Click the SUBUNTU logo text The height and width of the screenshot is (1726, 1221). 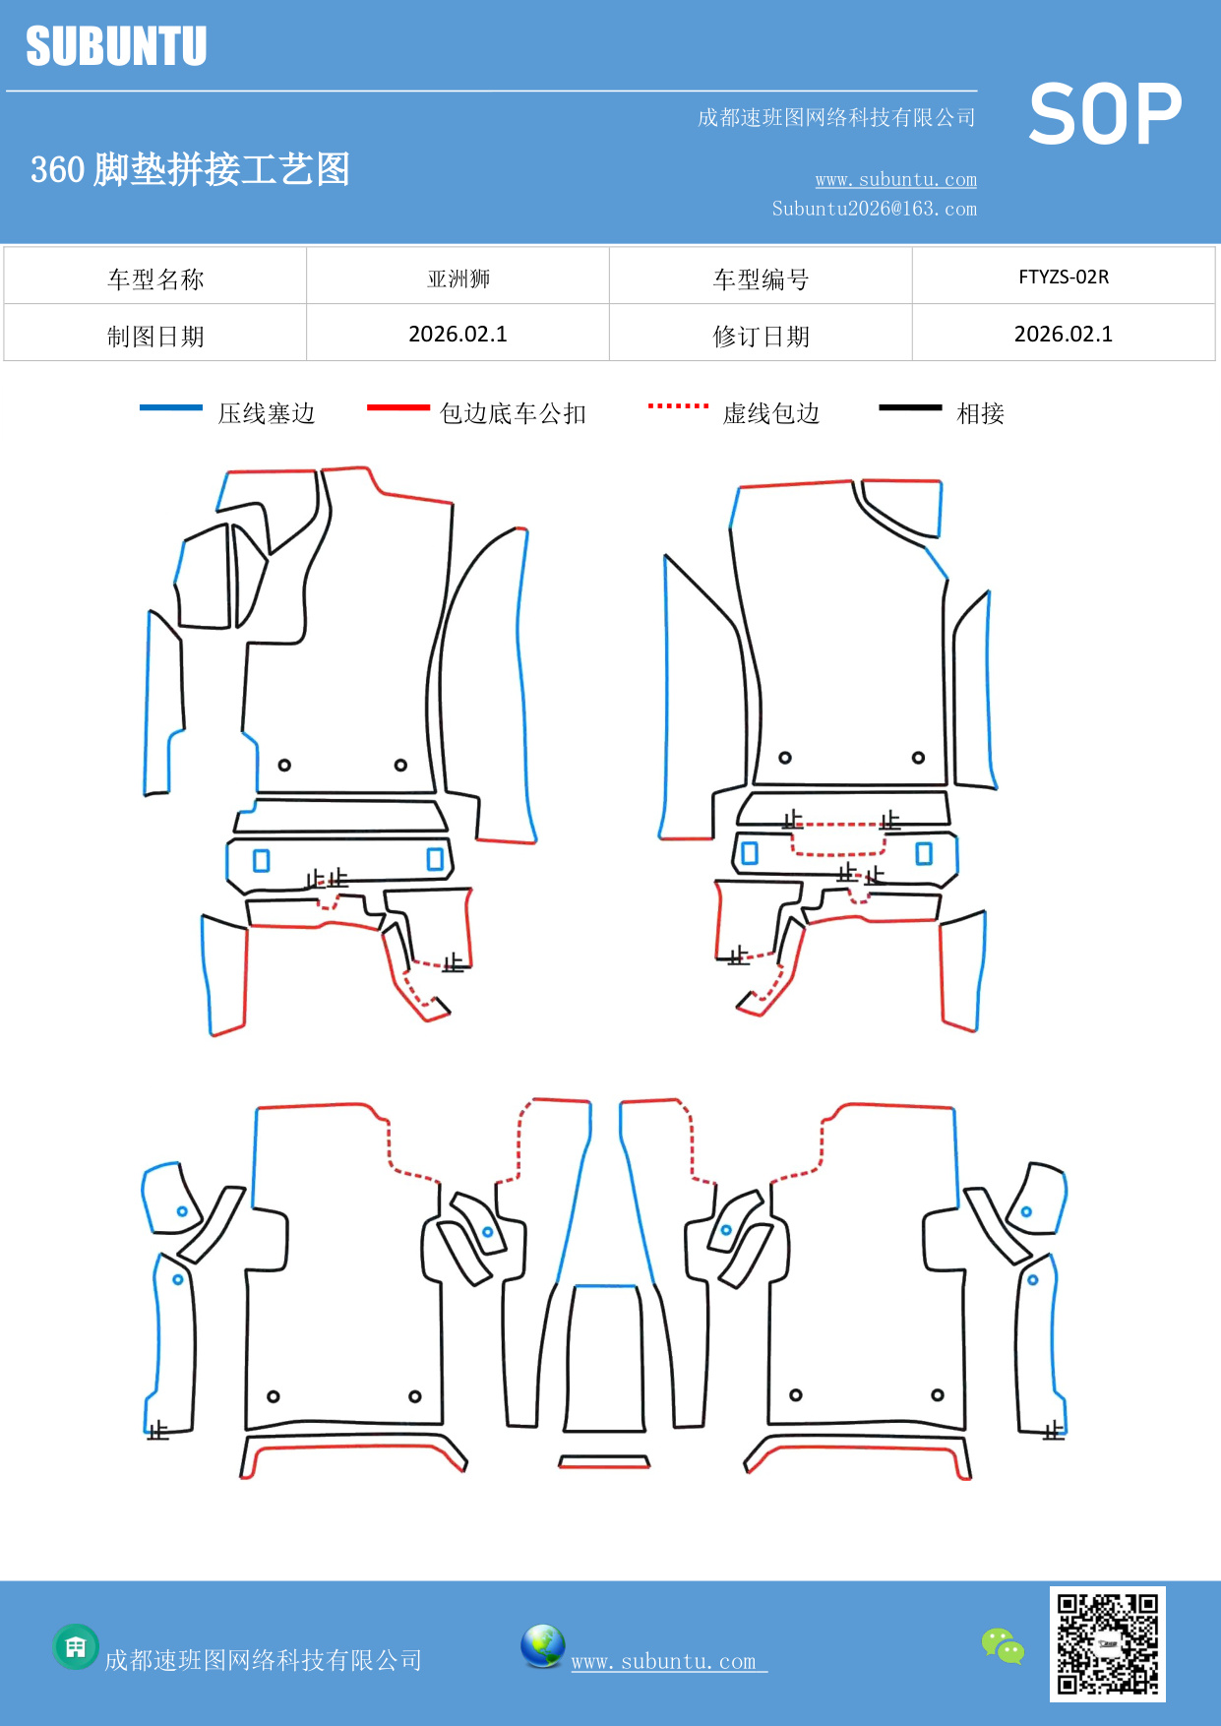click(x=116, y=46)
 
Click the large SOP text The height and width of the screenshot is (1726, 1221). click(x=1105, y=114)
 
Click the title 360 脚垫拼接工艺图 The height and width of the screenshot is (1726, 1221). click(x=190, y=169)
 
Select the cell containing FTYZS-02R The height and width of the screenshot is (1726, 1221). click(x=1063, y=277)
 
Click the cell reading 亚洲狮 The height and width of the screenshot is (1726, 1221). click(x=458, y=278)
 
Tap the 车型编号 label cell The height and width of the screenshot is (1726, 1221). click(x=760, y=279)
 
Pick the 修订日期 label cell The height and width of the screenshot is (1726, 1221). click(x=760, y=336)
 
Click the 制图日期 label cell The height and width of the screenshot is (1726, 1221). click(x=155, y=336)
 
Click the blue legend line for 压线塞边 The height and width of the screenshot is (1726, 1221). click(x=170, y=407)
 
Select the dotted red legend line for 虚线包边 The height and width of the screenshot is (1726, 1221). click(x=678, y=405)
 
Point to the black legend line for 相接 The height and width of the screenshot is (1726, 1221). click(x=910, y=407)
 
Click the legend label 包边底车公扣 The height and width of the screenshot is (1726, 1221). click(x=513, y=413)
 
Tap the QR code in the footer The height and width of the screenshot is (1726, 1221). click(x=1107, y=1644)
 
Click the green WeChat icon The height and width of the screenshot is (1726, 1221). click(x=1003, y=1646)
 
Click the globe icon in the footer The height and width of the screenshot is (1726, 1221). click(x=542, y=1646)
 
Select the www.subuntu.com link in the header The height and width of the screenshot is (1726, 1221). click(x=895, y=179)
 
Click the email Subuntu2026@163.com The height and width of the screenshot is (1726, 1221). click(x=874, y=209)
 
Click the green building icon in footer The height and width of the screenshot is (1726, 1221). click(x=76, y=1646)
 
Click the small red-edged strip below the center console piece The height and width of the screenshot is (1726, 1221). click(x=604, y=1461)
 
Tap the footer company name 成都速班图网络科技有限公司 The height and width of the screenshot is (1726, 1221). click(x=263, y=1660)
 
